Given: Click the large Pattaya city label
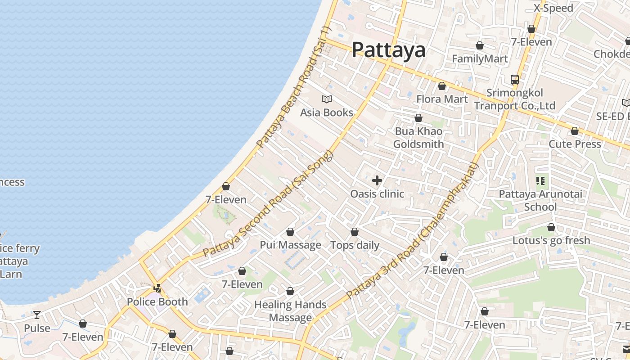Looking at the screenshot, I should click(x=388, y=49).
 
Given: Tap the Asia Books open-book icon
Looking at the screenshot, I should click(x=327, y=99).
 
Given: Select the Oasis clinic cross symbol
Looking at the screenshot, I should click(x=377, y=181).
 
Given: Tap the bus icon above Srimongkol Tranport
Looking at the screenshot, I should click(x=515, y=80).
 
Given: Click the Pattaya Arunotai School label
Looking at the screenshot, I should click(x=540, y=201).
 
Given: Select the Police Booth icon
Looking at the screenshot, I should click(x=157, y=288).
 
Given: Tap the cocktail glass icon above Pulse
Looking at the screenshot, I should click(x=37, y=315).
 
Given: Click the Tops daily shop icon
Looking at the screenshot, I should click(x=355, y=232).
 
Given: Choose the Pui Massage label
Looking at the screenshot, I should click(x=290, y=245).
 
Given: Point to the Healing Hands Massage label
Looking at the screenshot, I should click(x=290, y=311).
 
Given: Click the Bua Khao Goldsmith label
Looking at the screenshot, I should click(x=418, y=138).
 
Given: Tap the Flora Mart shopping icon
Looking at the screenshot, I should click(x=442, y=85).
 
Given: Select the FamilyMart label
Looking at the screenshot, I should click(x=480, y=58).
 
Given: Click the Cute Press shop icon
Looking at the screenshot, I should click(x=575, y=131).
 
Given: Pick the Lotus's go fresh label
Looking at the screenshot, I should click(x=551, y=240).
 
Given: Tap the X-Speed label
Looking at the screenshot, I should click(x=553, y=8).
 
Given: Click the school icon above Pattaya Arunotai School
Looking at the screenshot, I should click(x=540, y=181).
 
